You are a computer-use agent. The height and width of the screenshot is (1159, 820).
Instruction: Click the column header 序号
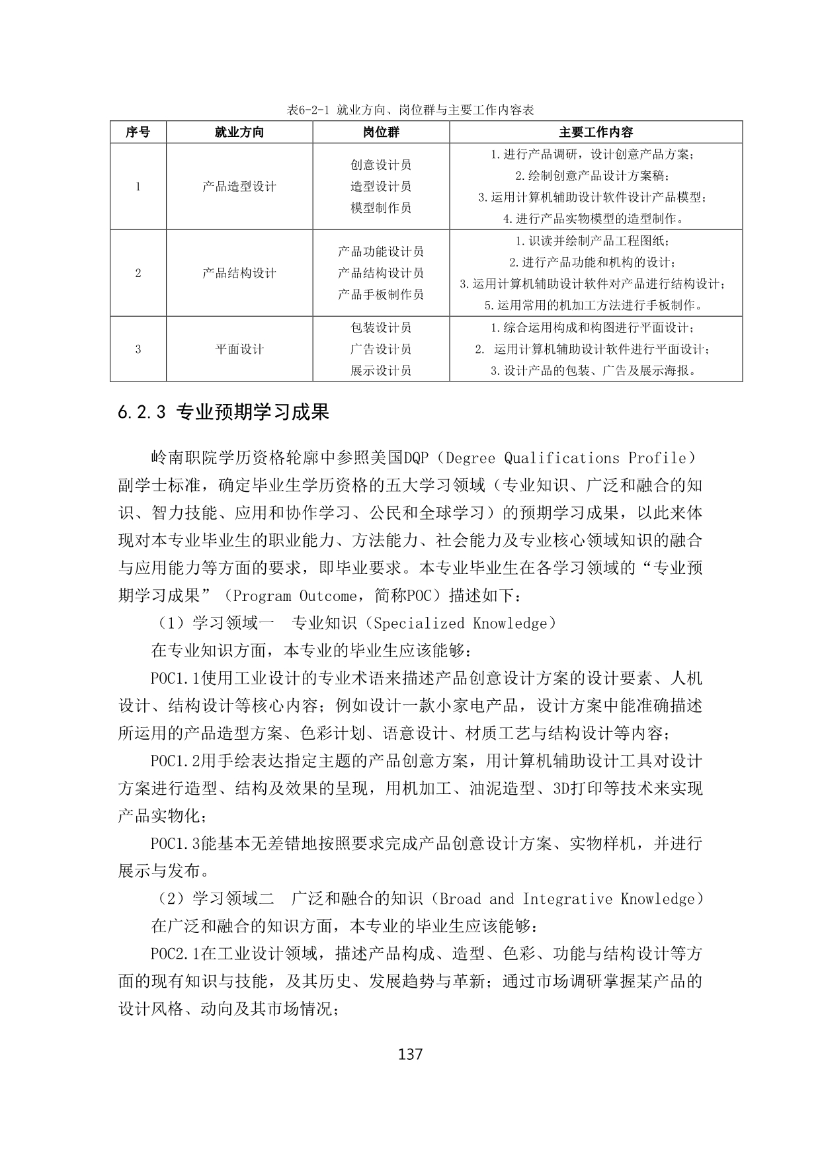138,132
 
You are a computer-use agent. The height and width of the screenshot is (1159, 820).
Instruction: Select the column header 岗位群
381,132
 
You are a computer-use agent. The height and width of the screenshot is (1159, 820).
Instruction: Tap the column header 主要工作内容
596,132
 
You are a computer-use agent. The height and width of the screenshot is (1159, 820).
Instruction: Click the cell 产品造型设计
239,186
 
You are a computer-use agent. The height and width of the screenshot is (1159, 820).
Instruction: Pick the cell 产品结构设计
239,273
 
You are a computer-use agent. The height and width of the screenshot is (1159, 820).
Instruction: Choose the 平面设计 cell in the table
239,349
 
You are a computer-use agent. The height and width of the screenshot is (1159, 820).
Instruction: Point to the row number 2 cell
138,273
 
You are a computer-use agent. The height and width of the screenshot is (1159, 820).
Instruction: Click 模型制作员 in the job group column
381,208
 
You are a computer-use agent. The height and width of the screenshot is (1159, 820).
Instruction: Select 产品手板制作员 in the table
381,294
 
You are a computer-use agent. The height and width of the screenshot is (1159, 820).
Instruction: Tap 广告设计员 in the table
381,349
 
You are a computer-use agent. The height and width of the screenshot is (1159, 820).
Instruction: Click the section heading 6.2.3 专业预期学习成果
224,413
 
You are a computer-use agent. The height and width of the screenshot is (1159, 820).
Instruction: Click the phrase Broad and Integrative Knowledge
571,899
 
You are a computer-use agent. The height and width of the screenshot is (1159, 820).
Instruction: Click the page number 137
411,1054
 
